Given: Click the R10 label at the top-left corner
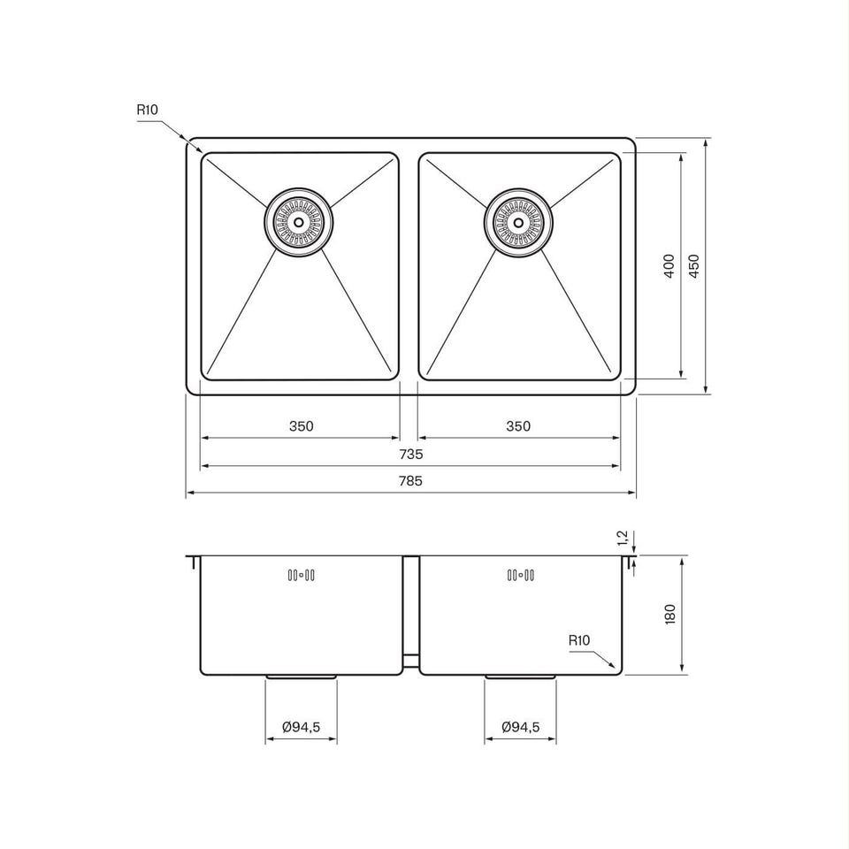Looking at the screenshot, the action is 147,110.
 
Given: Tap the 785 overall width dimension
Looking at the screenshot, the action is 410,481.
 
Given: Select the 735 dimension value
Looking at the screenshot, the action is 410,455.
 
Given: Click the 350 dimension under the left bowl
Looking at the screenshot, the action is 301,426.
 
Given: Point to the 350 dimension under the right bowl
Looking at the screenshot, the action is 518,426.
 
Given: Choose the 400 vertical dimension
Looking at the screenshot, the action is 669,266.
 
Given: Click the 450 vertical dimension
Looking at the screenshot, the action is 694,266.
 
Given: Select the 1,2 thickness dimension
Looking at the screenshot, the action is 622,538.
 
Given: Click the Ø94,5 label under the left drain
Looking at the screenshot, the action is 301,727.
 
